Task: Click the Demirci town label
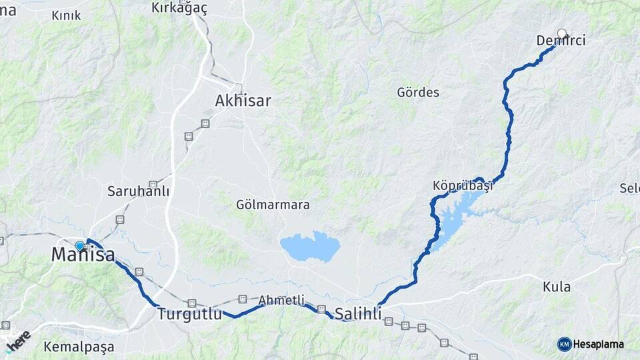(x=561, y=41)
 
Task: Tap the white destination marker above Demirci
(x=562, y=33)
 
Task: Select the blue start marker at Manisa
(x=80, y=245)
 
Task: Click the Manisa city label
(x=83, y=255)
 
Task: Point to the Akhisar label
(x=243, y=101)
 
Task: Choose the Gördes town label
(x=418, y=92)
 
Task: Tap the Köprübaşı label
(x=462, y=186)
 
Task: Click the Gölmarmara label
(x=273, y=205)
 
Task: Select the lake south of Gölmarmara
(x=310, y=246)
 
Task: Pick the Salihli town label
(x=359, y=313)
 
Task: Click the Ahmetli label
(x=281, y=300)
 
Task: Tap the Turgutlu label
(x=189, y=314)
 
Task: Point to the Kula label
(x=557, y=287)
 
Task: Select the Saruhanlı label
(x=138, y=191)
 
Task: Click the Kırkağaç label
(x=179, y=7)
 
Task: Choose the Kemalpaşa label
(x=79, y=347)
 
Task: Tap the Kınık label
(x=66, y=15)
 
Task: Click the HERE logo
(x=18, y=339)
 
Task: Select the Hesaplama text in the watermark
(x=598, y=345)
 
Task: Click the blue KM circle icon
(x=564, y=344)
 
